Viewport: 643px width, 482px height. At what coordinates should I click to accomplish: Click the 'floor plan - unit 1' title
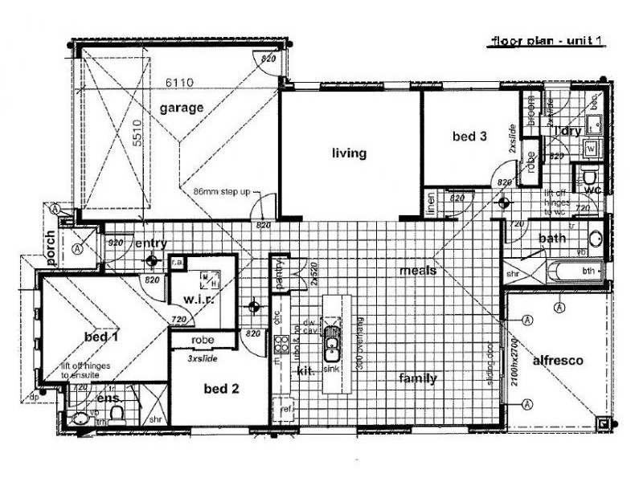click(546, 41)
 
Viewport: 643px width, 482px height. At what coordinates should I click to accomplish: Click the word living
click(349, 153)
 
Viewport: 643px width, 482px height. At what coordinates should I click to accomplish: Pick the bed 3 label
click(469, 137)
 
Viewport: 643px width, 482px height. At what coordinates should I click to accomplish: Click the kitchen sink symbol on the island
click(331, 348)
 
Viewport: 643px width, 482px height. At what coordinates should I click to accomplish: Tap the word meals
click(418, 271)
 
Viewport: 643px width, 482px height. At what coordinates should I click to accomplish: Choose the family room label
click(418, 378)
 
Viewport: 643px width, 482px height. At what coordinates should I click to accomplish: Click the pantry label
click(277, 269)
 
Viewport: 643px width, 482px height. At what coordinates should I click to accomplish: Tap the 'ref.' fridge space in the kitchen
click(283, 406)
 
